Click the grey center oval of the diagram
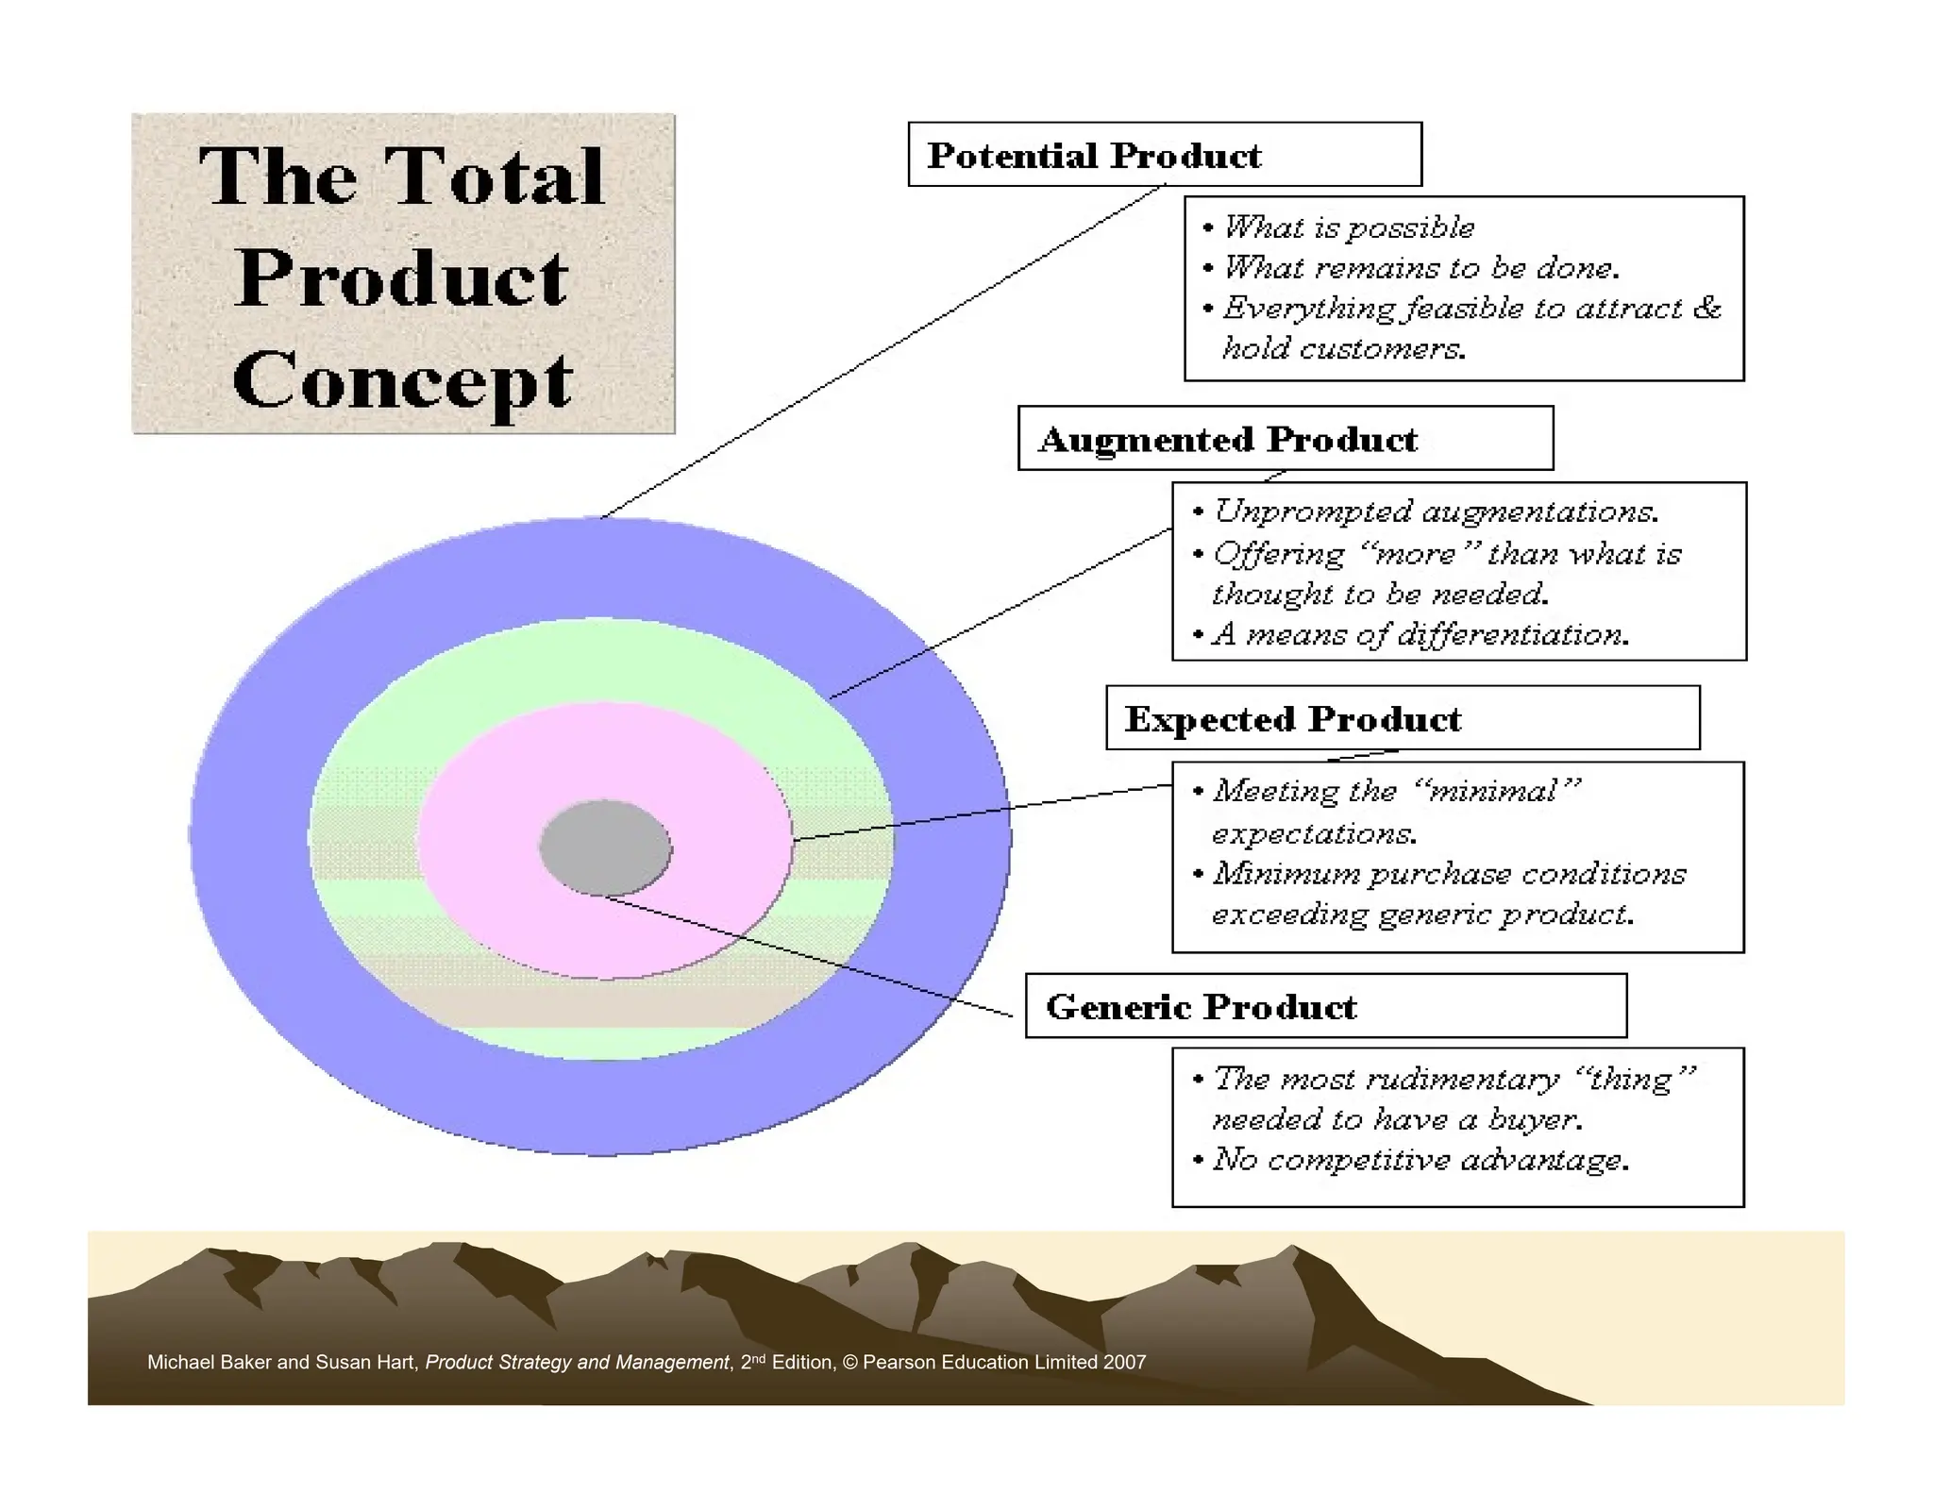click(605, 847)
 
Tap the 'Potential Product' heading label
click(1094, 156)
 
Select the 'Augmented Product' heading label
click(1228, 440)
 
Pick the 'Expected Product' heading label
click(1292, 720)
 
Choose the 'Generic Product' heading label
click(1201, 1007)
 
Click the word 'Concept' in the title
click(402, 380)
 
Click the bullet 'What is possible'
click(1348, 227)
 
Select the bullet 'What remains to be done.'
click(1420, 268)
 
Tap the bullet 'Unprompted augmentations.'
click(1435, 512)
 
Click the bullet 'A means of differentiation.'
click(1420, 634)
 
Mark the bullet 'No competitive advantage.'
click(1420, 1159)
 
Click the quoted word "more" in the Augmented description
click(1416, 554)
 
